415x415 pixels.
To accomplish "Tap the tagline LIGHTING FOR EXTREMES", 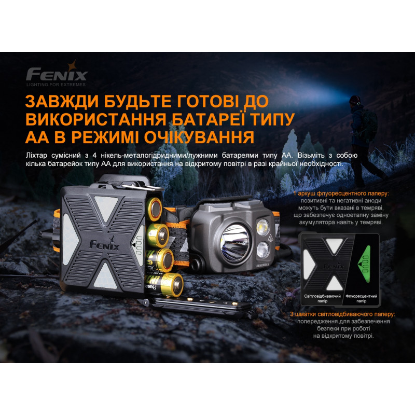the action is pyautogui.click(x=56, y=85).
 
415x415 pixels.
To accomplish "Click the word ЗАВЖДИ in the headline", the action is pyautogui.click(x=62, y=101).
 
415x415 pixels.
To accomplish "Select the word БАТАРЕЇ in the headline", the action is pyautogui.click(x=208, y=119).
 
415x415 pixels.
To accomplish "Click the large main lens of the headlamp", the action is pyautogui.click(x=234, y=243).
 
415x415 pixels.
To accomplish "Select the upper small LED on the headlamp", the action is pyautogui.click(x=262, y=227).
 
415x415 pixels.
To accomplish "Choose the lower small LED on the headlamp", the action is pyautogui.click(x=262, y=250).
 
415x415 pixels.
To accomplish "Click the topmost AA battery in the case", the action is pyautogui.click(x=155, y=209).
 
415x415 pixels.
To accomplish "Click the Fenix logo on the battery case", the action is pyautogui.click(x=105, y=244).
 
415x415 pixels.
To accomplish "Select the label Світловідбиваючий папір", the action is pyautogui.click(x=322, y=299).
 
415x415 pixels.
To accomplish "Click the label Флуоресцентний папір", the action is pyautogui.click(x=361, y=299).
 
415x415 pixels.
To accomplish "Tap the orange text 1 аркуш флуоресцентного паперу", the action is pyautogui.click(x=341, y=193).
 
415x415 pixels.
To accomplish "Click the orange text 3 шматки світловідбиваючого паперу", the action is pyautogui.click(x=342, y=314).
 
